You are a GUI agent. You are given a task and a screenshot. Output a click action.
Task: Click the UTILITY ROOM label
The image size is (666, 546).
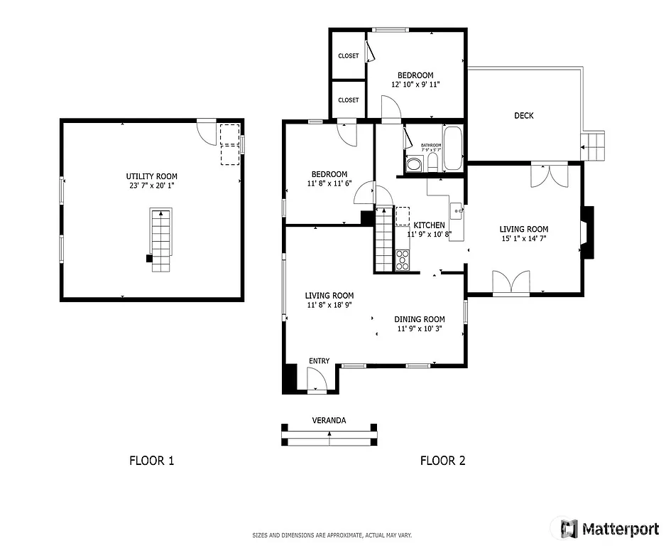[151, 176]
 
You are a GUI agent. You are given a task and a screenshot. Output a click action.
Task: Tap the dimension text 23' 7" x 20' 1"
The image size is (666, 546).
[151, 186]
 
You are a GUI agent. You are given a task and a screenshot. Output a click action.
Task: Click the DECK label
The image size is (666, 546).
[524, 116]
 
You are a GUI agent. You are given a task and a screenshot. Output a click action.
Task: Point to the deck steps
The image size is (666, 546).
[593, 146]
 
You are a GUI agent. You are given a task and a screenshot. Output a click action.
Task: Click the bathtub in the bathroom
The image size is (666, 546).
[452, 148]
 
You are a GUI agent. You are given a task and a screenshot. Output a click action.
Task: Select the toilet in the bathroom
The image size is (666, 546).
[432, 164]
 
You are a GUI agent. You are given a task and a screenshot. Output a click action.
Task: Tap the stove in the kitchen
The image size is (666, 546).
[402, 259]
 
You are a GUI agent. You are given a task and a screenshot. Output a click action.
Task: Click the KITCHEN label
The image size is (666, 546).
[430, 225]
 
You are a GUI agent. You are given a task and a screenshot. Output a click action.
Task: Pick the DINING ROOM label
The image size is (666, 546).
[420, 319]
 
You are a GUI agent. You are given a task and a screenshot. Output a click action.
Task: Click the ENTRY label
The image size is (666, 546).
[319, 361]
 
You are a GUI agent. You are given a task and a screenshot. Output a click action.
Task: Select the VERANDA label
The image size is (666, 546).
[329, 420]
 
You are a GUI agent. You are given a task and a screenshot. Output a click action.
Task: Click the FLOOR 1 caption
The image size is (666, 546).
[151, 461]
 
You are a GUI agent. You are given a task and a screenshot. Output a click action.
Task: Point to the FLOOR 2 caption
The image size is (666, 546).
[442, 461]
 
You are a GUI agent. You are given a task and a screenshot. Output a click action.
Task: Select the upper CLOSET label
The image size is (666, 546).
[348, 56]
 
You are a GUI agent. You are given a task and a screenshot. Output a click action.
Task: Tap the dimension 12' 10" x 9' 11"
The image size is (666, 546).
[415, 85]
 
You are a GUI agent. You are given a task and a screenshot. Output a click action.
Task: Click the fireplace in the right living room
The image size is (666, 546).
[586, 232]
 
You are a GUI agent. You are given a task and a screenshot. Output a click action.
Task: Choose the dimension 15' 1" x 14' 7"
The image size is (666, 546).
[524, 239]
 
